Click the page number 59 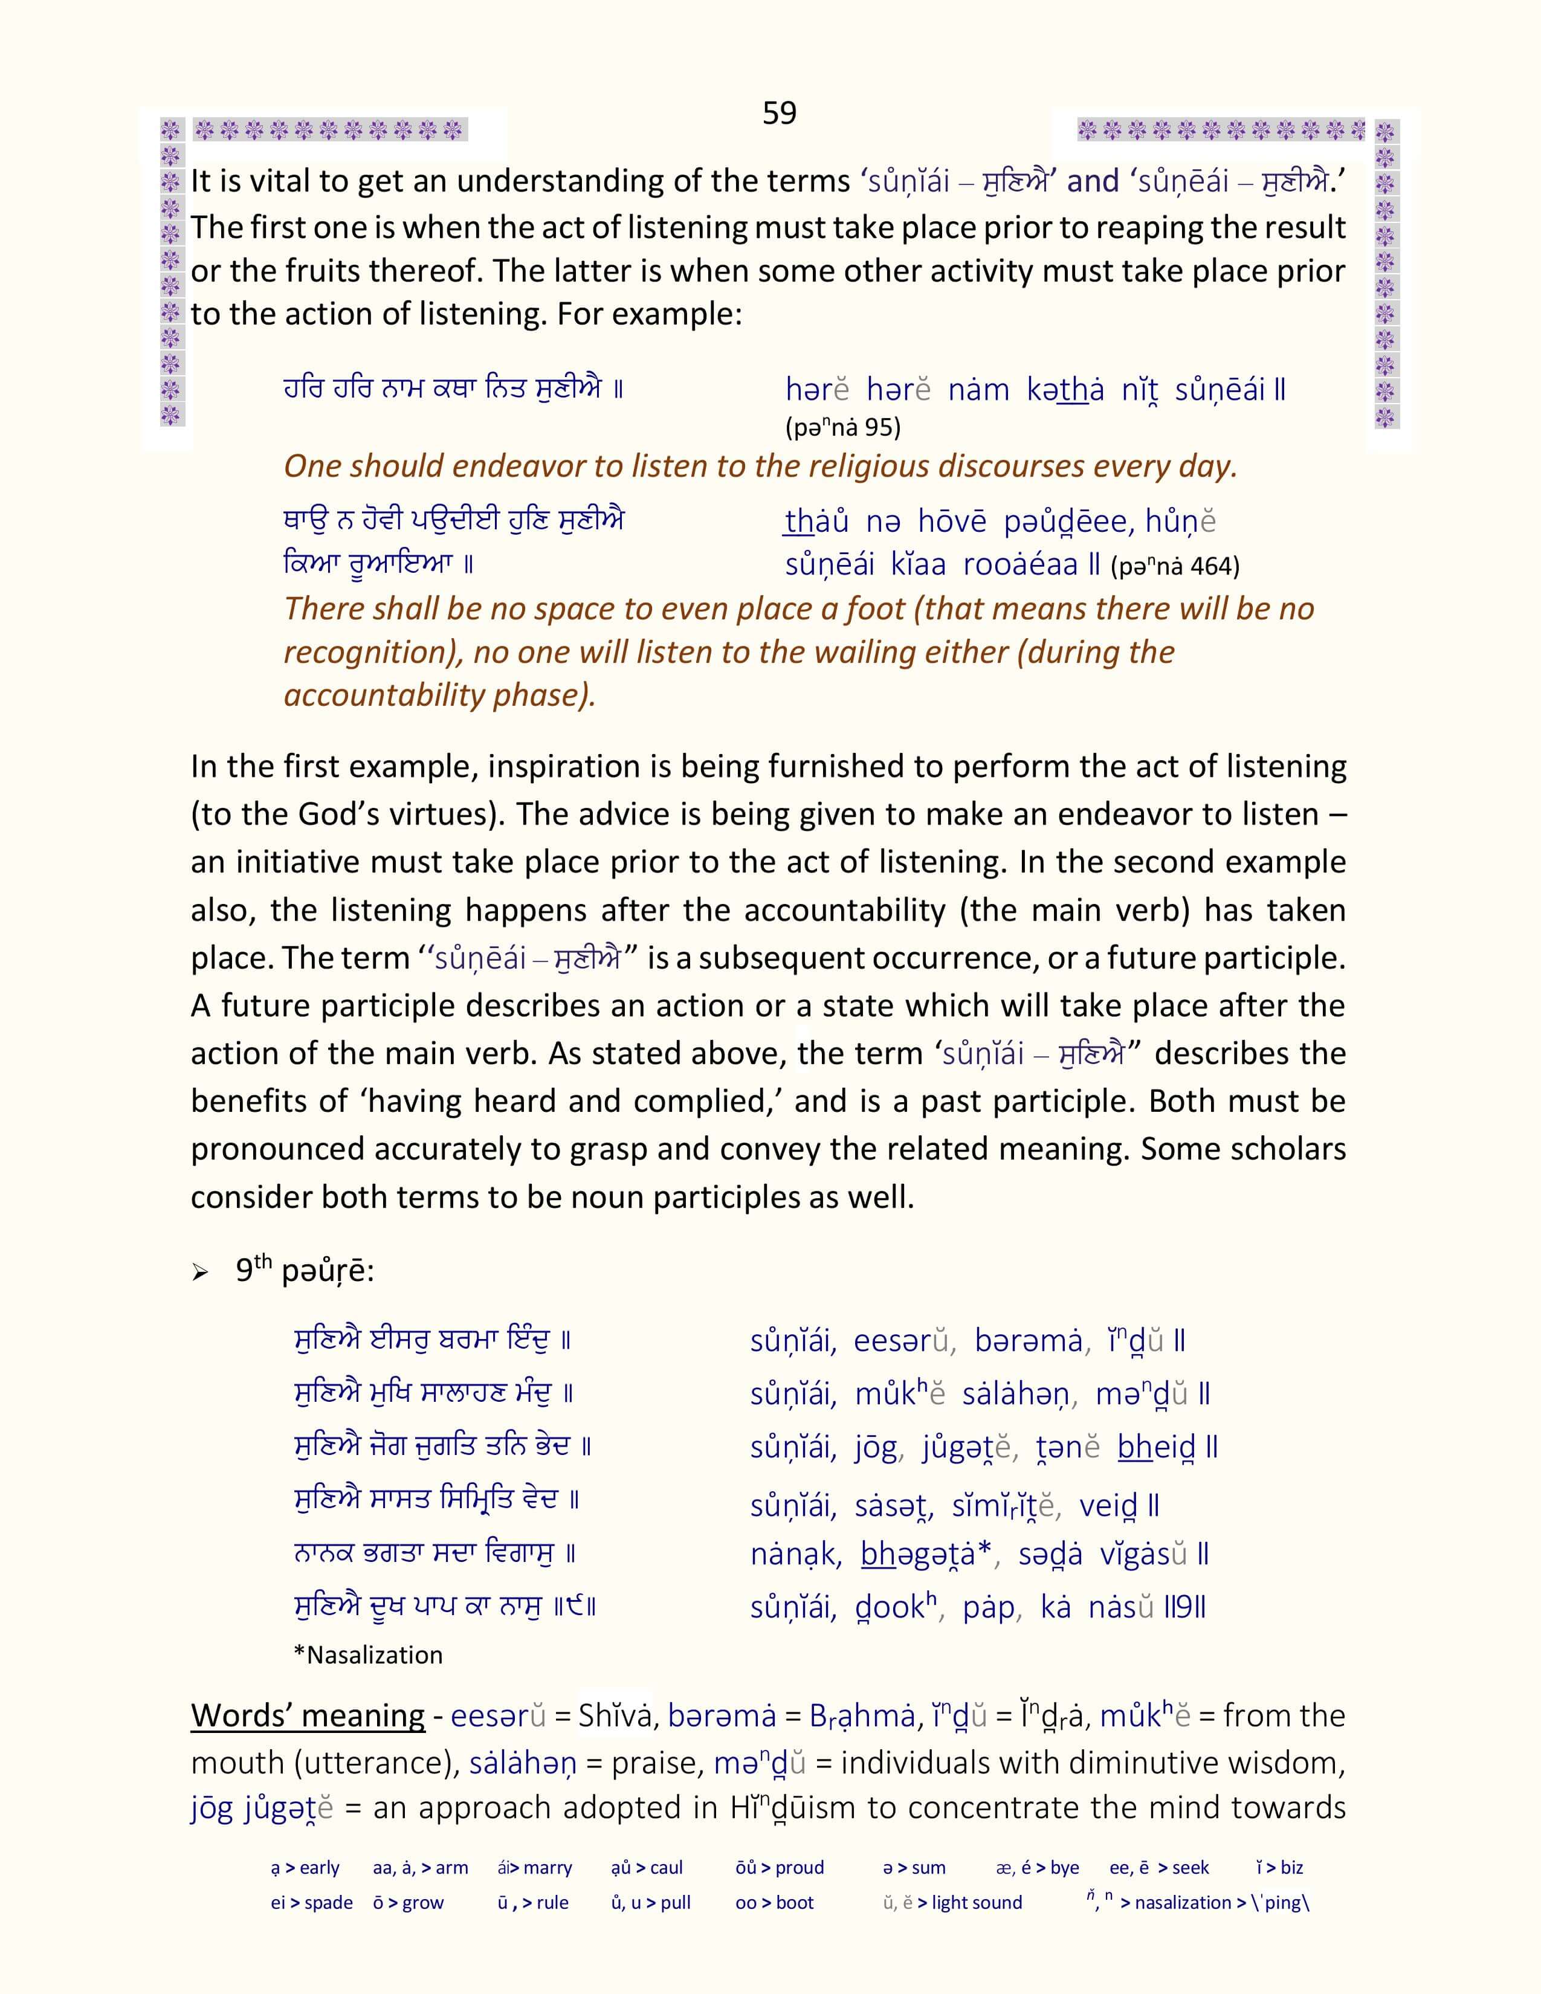pos(779,113)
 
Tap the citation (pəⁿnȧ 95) pos(842,427)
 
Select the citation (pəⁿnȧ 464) pos(1175,567)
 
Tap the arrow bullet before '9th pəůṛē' pos(201,1273)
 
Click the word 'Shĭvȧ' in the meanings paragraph pos(617,1717)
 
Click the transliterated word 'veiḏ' pos(1107,1506)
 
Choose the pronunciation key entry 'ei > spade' pos(311,1903)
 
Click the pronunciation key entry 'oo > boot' pos(774,1903)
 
